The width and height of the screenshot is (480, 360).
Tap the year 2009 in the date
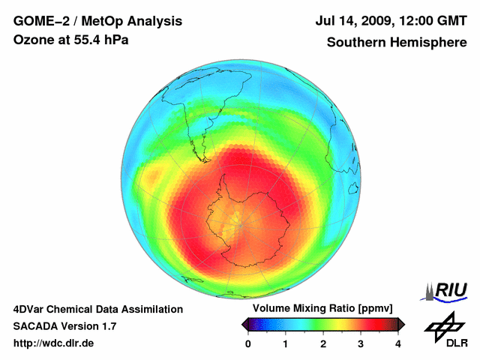pyautogui.click(x=383, y=22)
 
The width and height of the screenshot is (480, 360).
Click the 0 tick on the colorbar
pyautogui.click(x=248, y=343)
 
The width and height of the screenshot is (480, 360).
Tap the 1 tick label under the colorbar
pyautogui.click(x=286, y=343)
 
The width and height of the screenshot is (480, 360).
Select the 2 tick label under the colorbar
pyautogui.click(x=323, y=343)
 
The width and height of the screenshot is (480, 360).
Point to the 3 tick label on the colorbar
pyautogui.click(x=361, y=343)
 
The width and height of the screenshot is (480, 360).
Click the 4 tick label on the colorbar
pyautogui.click(x=398, y=343)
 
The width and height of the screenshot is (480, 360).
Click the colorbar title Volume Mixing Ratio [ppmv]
pyautogui.click(x=322, y=308)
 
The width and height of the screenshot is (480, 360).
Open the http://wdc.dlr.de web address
pyautogui.click(x=54, y=343)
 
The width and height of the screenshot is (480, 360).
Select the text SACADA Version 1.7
pyautogui.click(x=64, y=326)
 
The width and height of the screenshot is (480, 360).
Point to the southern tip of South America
pyautogui.click(x=202, y=159)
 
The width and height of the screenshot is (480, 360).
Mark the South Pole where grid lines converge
pyautogui.click(x=241, y=220)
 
